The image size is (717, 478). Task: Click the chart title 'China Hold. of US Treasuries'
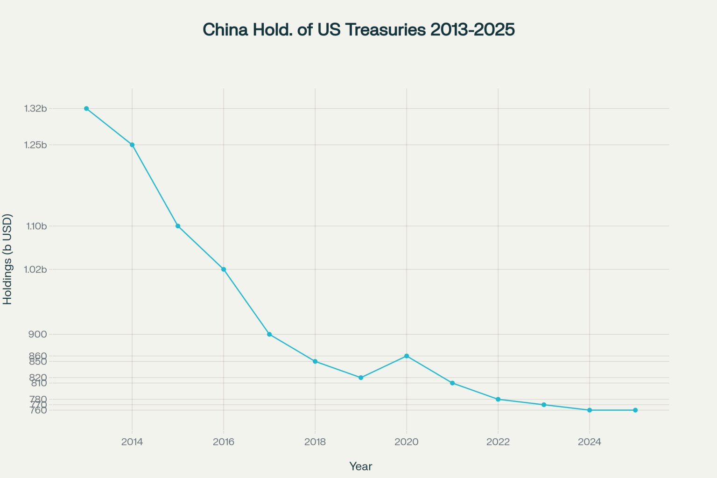358,29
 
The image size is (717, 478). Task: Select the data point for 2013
86,108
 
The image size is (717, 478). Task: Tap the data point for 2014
132,145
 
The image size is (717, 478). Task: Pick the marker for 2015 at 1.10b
178,226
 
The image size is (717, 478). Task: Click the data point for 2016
224,269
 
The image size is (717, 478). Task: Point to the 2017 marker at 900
269,334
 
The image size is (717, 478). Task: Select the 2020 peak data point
407,356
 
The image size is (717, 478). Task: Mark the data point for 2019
361,378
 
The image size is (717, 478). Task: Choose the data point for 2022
498,400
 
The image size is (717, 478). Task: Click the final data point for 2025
635,410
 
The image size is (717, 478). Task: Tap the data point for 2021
452,383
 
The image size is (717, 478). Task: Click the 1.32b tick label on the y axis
35,109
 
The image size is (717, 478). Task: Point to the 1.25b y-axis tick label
35,145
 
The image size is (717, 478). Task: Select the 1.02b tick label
35,270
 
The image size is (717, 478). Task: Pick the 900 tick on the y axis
38,334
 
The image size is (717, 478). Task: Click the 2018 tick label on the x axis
315,442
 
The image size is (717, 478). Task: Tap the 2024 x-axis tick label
590,442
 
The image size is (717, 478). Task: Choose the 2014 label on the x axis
132,442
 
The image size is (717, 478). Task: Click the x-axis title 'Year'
360,466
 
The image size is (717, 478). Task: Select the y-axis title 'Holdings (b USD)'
7,259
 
